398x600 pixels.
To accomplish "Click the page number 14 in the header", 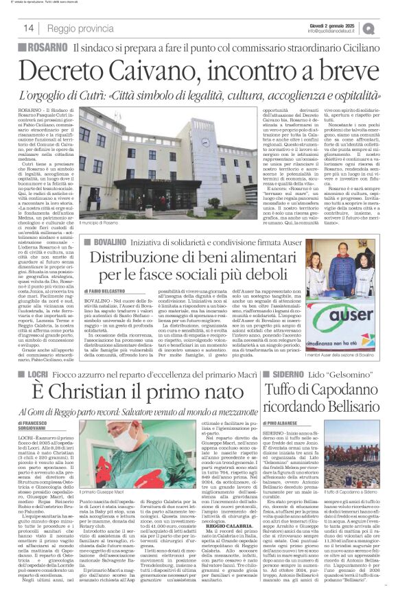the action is click(x=30, y=27).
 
